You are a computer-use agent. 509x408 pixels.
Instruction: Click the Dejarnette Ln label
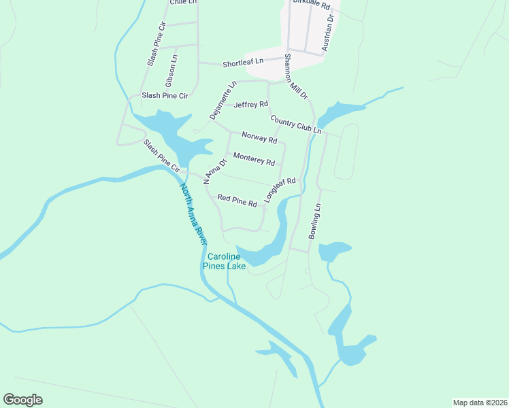click(x=223, y=101)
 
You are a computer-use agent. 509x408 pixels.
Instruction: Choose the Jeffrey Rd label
click(x=250, y=105)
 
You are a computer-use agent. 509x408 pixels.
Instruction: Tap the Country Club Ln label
click(x=295, y=124)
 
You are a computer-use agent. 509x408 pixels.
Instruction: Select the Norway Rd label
click(x=259, y=140)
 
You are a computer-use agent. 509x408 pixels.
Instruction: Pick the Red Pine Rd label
click(x=237, y=200)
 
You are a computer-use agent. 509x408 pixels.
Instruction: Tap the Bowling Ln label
click(x=314, y=221)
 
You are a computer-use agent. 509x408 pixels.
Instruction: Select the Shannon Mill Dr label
click(x=297, y=77)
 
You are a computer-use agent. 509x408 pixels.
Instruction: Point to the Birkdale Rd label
click(x=311, y=4)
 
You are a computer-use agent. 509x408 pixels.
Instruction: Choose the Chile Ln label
click(x=182, y=3)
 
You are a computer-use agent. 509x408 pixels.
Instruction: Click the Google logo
click(x=22, y=400)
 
